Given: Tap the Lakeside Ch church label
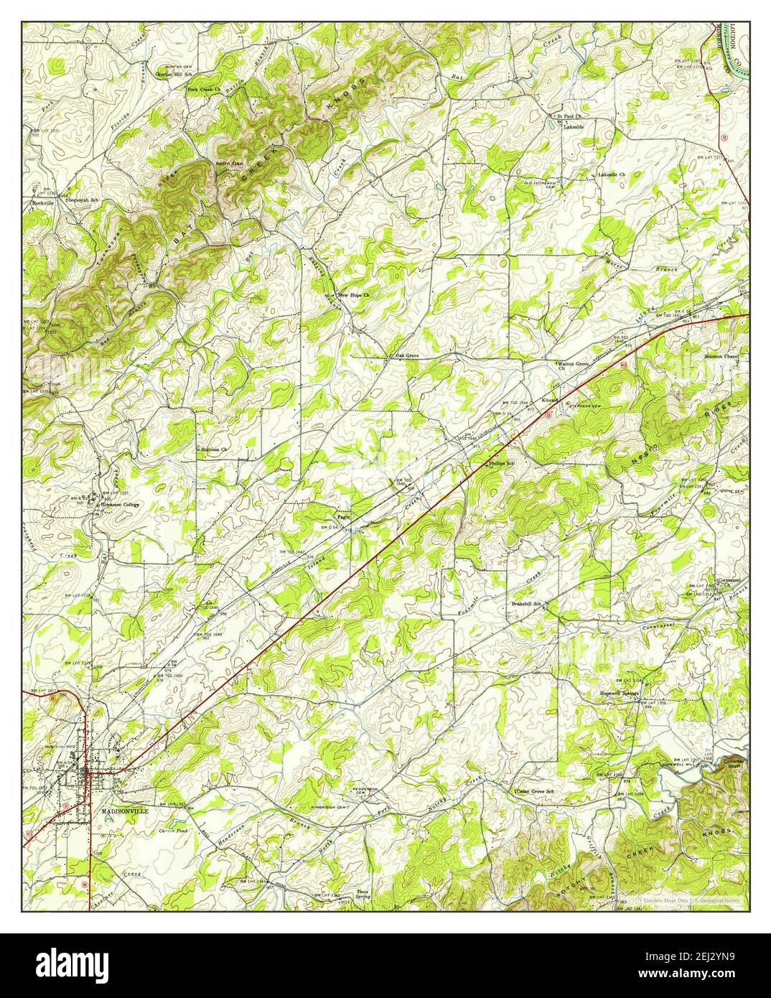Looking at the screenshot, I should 612,175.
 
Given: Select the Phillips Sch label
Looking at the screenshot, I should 502,464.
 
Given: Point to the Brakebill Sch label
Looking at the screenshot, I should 525,604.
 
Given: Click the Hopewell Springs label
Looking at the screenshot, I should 619,694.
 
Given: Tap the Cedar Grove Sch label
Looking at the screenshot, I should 535,791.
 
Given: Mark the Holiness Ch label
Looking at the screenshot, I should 213,449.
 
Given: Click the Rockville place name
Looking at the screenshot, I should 44,202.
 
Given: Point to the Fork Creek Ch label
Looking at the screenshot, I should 203,90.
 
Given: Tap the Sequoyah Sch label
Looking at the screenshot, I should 83,200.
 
